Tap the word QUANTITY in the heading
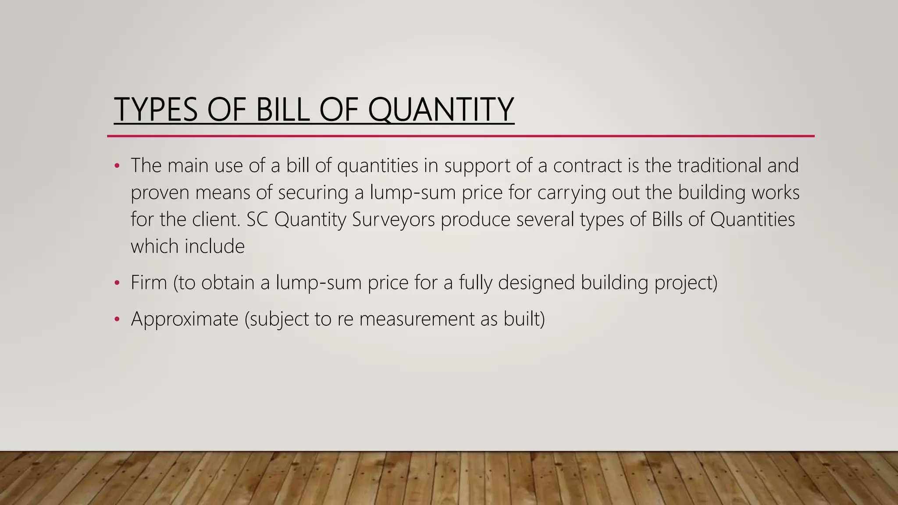[441, 109]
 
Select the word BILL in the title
[282, 109]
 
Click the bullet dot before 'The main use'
[117, 166]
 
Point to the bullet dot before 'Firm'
[117, 283]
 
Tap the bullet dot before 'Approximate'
[117, 320]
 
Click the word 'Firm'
[149, 282]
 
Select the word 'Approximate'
[184, 319]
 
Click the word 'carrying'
[571, 192]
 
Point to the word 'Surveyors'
[393, 220]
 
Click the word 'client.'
[217, 220]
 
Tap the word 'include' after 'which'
[214, 246]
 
